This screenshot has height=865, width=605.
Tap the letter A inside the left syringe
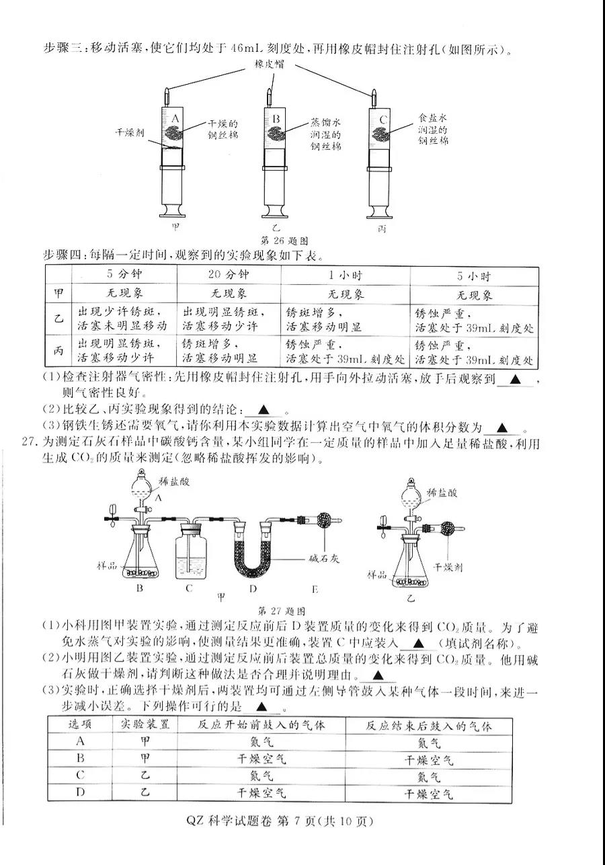pos(175,120)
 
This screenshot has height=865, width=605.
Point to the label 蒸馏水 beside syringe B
pos(325,122)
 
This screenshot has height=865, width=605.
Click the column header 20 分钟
pos(229,275)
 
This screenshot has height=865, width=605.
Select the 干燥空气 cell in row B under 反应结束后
pos(429,759)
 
